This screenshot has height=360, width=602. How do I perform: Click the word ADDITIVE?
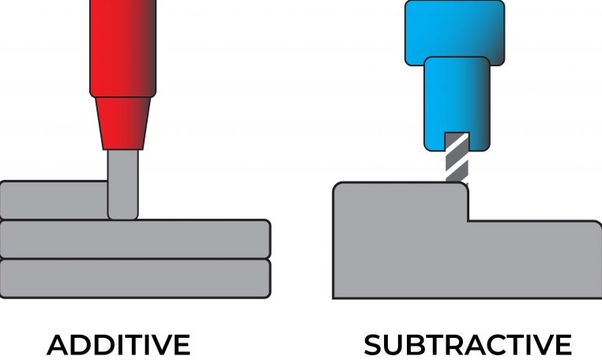(119, 345)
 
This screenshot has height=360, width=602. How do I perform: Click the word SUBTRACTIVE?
(468, 345)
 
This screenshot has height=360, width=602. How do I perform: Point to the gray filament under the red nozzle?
(122, 186)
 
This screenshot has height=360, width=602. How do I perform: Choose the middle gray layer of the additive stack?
(134, 239)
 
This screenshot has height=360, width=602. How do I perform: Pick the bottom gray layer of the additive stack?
(134, 278)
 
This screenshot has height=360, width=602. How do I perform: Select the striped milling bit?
(457, 158)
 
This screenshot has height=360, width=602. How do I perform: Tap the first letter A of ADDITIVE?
(59, 345)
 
